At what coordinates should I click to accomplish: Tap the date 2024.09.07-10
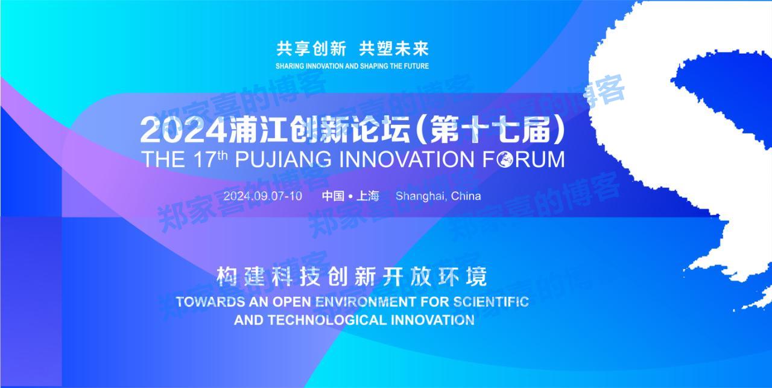tap(262, 196)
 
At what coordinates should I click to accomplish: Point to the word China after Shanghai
tap(466, 196)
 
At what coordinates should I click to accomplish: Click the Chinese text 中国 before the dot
tap(332, 196)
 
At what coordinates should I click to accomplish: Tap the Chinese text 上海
tap(367, 196)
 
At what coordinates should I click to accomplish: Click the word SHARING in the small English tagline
tap(291, 66)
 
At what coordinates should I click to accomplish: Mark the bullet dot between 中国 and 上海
tap(350, 197)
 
